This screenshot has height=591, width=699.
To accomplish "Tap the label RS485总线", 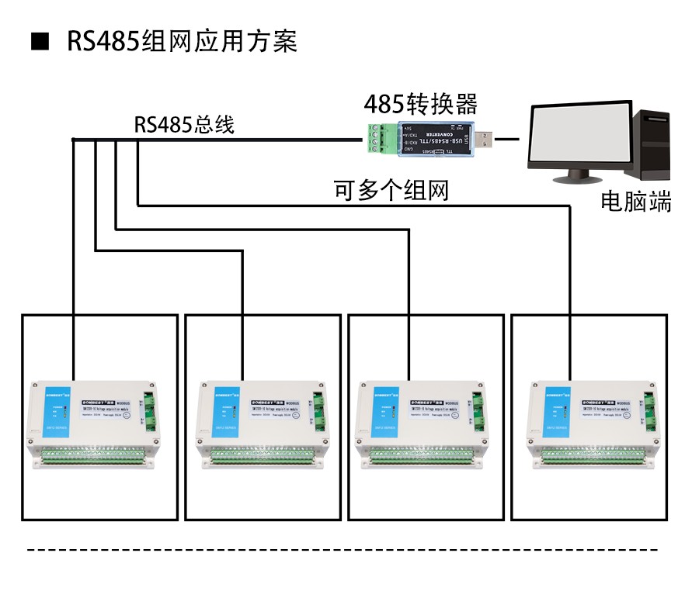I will (x=184, y=124).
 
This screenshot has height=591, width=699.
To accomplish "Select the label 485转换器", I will (x=420, y=104).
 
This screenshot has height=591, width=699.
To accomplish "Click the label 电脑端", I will (x=635, y=202).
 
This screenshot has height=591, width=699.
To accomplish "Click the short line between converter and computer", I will (x=508, y=140).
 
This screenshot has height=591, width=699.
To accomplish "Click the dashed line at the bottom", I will (x=342, y=550).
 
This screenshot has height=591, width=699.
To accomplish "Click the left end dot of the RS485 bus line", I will (x=73, y=140).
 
